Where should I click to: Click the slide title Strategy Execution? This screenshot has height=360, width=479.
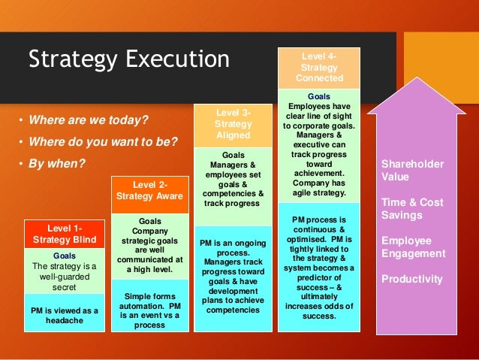(128, 59)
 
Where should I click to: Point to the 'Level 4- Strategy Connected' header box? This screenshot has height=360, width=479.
(319, 66)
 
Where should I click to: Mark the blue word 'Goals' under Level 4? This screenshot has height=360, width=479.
(319, 96)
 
